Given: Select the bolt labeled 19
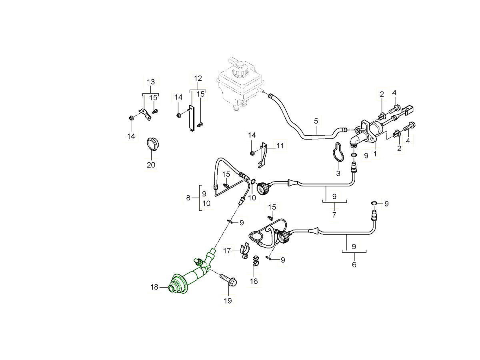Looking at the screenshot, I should tap(228, 279).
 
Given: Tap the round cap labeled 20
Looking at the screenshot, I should tap(152, 144).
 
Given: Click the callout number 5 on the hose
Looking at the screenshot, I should tap(316, 120).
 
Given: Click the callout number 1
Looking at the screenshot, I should tap(375, 153).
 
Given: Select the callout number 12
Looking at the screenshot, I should tap(198, 78).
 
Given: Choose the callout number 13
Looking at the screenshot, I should tap(150, 82).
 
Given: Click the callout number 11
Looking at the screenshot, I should tap(280, 146).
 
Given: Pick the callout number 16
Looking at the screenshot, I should tap(254, 281).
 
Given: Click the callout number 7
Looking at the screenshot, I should tap(334, 215).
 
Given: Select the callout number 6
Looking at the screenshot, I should tap(354, 264).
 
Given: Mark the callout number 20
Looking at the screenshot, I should tap(151, 165).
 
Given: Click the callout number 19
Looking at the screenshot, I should tap(228, 301).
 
